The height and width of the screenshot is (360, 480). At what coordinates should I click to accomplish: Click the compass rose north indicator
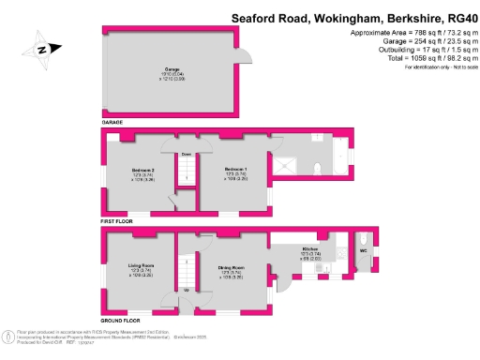pos(40,51)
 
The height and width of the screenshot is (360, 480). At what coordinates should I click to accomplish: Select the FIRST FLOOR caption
pos(120,222)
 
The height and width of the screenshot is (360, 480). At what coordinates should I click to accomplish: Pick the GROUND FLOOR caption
pos(123,320)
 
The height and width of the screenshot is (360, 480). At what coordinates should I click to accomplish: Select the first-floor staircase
pos(186,169)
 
